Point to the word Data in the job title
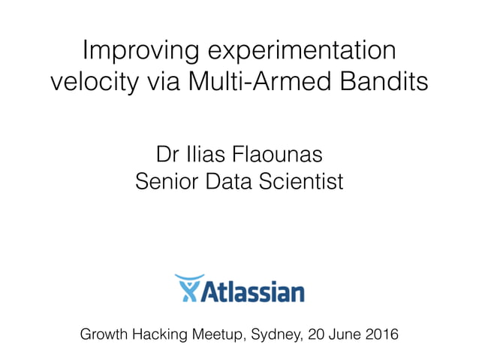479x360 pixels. (230, 182)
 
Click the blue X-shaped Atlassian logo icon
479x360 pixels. (188, 288)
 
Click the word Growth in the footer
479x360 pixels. (106, 333)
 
